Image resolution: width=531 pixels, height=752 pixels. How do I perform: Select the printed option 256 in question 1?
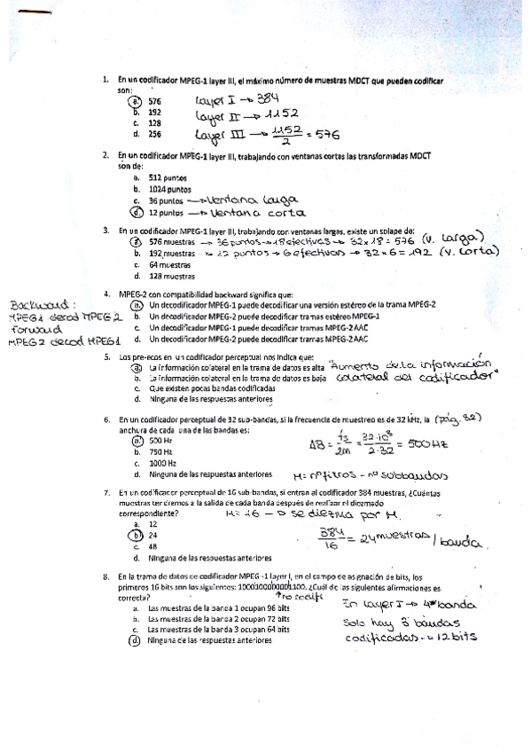[x=154, y=134]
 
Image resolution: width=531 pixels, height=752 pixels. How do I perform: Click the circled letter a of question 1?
[x=137, y=101]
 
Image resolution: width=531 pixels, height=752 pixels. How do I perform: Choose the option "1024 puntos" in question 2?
[x=169, y=189]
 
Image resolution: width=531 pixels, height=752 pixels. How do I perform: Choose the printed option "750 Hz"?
[x=160, y=451]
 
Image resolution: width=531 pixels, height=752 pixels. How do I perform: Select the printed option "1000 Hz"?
[x=162, y=463]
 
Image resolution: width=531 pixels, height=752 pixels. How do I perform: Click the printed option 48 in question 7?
[x=153, y=546]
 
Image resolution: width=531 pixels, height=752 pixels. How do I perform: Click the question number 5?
[x=106, y=356]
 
